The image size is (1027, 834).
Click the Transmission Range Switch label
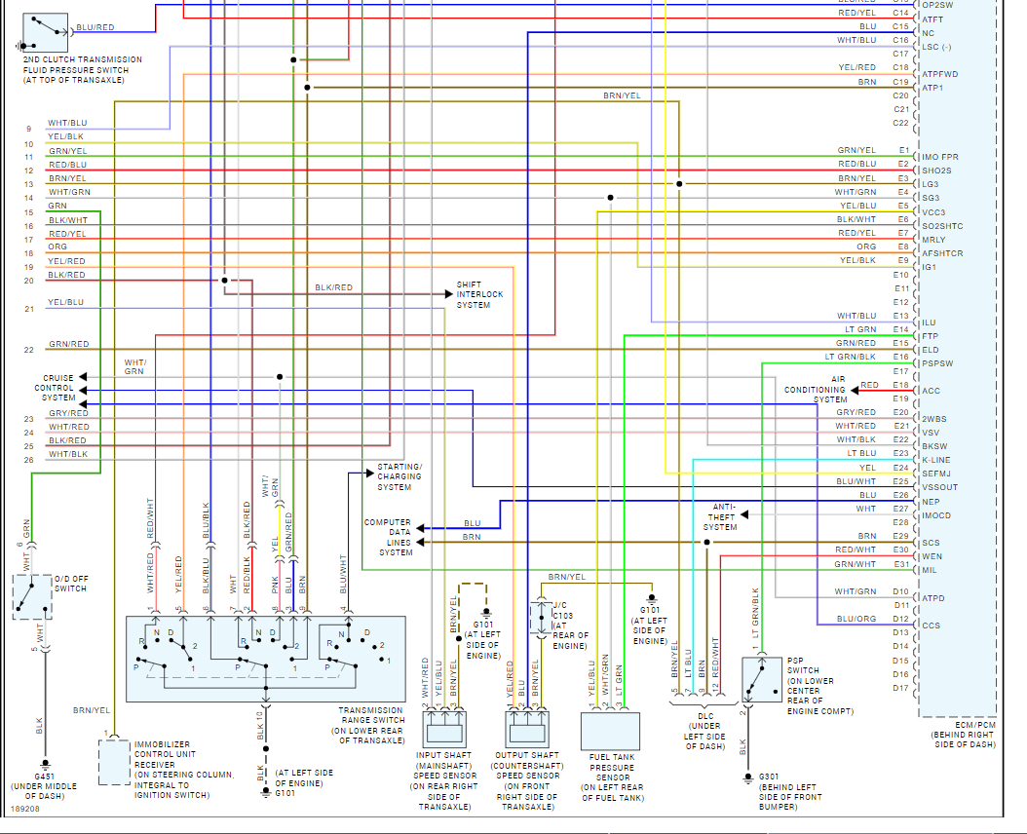[x=370, y=726]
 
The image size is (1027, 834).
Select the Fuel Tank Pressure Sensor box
[x=611, y=731]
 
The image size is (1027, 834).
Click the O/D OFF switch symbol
[x=31, y=596]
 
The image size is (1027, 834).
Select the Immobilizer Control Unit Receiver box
[x=114, y=762]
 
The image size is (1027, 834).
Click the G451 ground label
[x=44, y=776]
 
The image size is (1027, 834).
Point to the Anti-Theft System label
[x=724, y=516]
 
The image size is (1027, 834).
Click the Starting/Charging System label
[x=399, y=476]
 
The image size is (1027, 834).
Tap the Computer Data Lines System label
[x=388, y=537]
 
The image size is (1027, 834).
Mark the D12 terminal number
[x=900, y=619]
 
